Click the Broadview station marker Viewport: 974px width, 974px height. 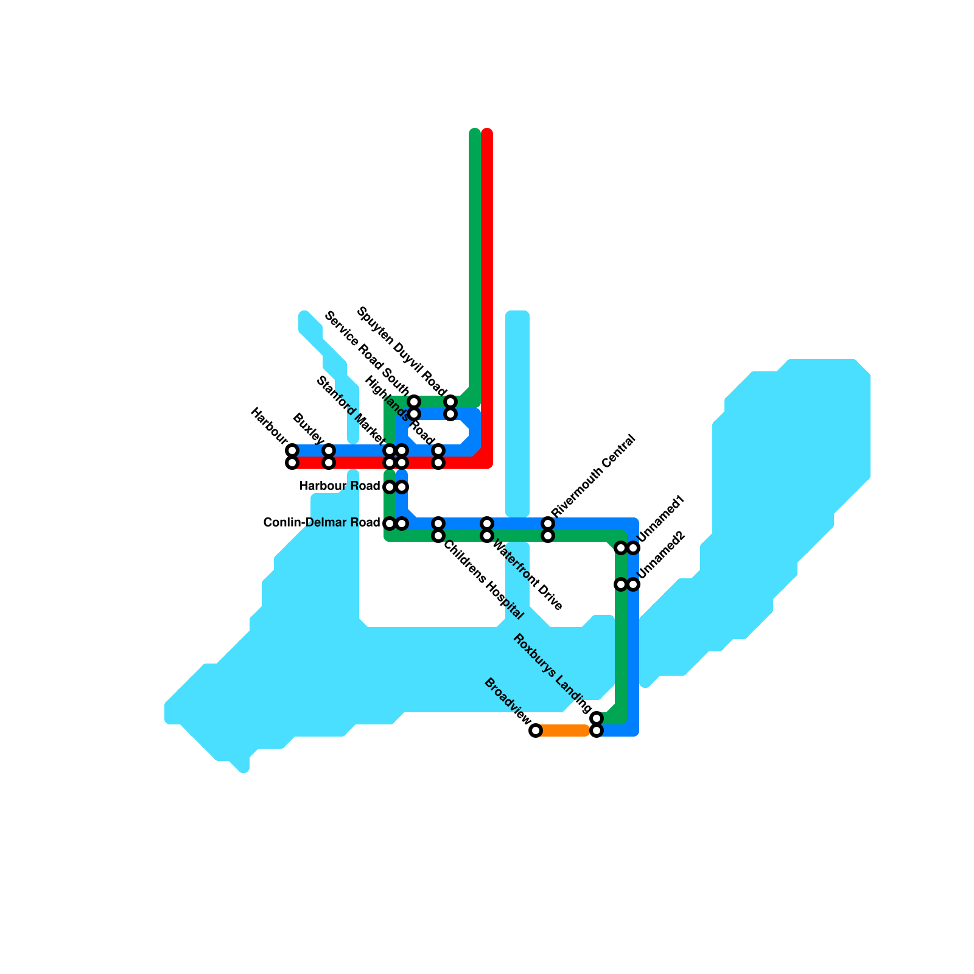point(536,730)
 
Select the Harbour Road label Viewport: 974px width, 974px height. point(340,486)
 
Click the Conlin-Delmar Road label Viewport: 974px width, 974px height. point(321,523)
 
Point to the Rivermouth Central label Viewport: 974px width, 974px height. point(594,475)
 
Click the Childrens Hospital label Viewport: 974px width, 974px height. point(483,580)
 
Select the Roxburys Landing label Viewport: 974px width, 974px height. point(552,673)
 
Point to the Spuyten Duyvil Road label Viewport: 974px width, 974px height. point(401,351)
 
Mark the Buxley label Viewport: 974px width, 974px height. point(309,429)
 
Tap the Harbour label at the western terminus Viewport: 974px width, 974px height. point(268,426)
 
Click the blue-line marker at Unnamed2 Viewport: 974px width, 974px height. point(633,584)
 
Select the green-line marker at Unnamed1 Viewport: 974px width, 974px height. point(621,548)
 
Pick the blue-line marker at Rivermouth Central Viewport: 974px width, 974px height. point(548,524)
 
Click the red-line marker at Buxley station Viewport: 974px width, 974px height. point(329,463)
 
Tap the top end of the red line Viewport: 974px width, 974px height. point(487,133)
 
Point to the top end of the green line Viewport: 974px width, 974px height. point(475,133)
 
